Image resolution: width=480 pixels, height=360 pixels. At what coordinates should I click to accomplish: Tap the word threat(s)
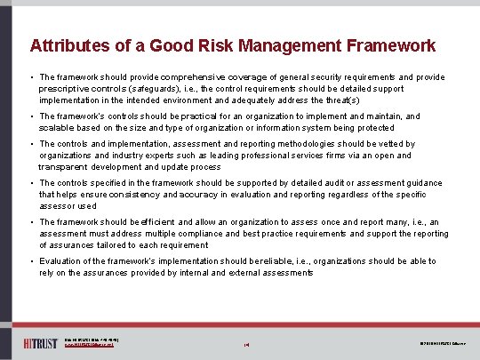(x=341, y=100)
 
